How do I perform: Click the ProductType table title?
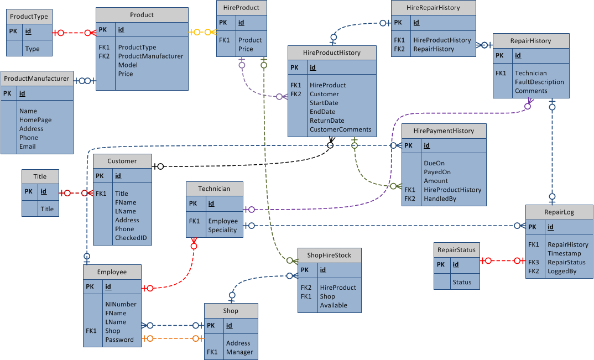[29, 17]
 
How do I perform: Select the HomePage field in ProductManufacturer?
[35, 120]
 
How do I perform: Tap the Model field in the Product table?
[128, 65]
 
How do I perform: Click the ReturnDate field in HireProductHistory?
[327, 121]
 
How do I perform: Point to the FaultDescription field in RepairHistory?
[539, 82]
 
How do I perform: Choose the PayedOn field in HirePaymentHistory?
[437, 172]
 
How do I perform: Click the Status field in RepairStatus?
[462, 282]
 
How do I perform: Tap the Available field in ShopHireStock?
[334, 305]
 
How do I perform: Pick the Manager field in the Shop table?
[239, 352]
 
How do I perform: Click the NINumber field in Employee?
[121, 304]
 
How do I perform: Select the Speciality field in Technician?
[222, 230]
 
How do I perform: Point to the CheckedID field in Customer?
[131, 238]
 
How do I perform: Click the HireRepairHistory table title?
[433, 8]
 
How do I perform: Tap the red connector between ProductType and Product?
[74, 33]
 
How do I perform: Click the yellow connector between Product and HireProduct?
[202, 32]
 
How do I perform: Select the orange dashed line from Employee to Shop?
[173, 338]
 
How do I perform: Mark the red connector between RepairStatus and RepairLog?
[502, 260]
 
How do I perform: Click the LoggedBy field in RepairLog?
[562, 271]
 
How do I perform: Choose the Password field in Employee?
[119, 340]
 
